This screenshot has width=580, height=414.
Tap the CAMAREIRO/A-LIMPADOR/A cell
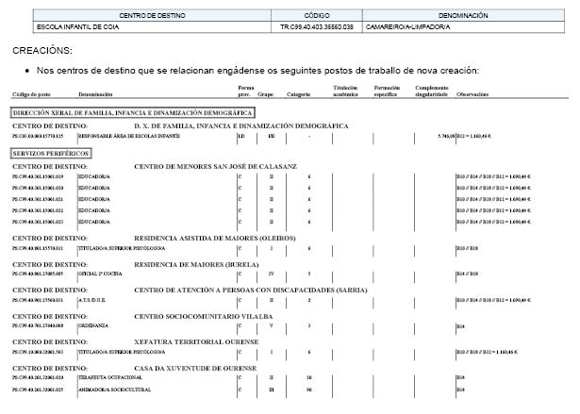[407, 26]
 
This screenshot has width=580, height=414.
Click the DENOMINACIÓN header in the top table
[464, 15]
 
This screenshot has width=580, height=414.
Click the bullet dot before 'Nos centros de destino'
[28, 70]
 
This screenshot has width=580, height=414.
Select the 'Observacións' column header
[472, 94]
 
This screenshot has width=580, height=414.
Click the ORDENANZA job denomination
[96, 325]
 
